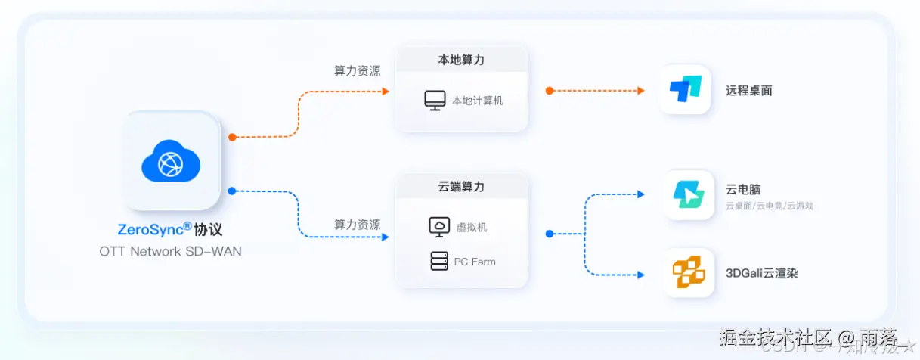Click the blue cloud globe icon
171,161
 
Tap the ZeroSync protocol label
170,229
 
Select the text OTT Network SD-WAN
170,251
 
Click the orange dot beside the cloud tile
232,137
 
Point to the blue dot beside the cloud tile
232,191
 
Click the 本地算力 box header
461,60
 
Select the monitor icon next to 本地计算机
435,101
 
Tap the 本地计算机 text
477,101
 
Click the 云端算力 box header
461,186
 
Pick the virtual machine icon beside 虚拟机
438,226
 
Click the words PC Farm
475,262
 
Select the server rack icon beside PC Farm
438,262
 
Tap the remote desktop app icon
686,90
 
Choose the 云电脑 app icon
689,195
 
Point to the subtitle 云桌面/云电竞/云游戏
769,206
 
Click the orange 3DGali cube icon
689,272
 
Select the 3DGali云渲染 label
761,273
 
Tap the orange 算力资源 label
357,71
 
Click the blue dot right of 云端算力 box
550,234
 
